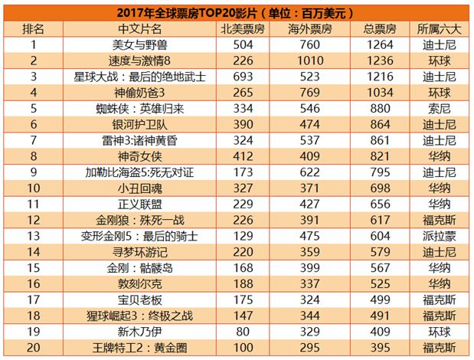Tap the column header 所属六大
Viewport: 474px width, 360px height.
(440, 28)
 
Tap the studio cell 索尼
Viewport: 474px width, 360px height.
(440, 109)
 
